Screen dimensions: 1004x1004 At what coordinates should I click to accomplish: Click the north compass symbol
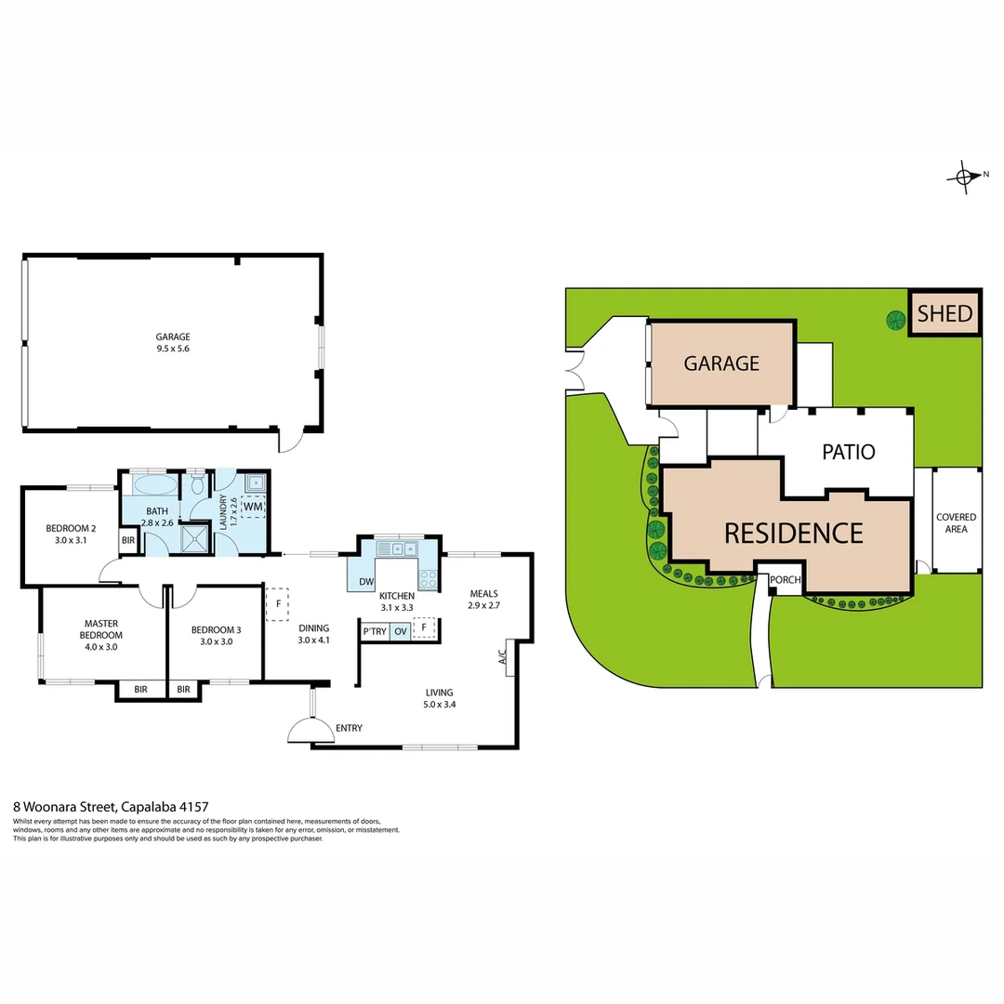(x=966, y=175)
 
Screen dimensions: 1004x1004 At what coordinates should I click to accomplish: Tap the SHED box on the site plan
(x=945, y=313)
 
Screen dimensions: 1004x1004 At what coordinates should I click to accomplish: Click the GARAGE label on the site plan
(x=721, y=363)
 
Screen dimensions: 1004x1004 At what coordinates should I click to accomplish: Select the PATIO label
(x=848, y=452)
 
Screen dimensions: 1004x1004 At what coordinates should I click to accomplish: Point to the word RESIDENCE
(x=793, y=533)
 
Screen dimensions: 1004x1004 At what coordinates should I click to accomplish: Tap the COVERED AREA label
(x=957, y=522)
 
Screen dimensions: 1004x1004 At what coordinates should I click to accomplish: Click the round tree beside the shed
(x=894, y=321)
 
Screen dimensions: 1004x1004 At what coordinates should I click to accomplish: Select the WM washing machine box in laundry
(x=253, y=507)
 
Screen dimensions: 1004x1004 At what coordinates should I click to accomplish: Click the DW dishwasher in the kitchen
(x=365, y=583)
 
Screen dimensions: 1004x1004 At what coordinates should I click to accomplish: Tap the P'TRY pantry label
(x=375, y=631)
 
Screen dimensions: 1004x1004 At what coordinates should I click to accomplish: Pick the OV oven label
(x=401, y=631)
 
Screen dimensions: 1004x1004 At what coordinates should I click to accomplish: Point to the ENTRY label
(x=349, y=728)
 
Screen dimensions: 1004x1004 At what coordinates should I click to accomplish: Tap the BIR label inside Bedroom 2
(x=127, y=539)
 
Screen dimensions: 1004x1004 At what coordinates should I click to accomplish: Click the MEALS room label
(x=483, y=594)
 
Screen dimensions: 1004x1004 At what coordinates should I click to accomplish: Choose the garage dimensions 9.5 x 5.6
(x=173, y=349)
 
